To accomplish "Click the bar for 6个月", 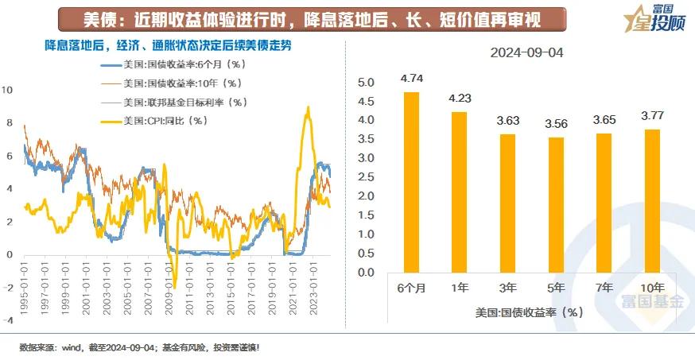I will pos(411,182).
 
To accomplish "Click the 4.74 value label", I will pos(412,79).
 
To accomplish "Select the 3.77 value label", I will pos(651,115).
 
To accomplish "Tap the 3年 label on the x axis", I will pos(507,288).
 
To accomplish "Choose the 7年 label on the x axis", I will pos(604,288).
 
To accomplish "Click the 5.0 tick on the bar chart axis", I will pos(365,83).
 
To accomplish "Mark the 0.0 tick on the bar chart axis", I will pos(365,273).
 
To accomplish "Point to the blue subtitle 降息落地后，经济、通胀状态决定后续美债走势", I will pos(167,45).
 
